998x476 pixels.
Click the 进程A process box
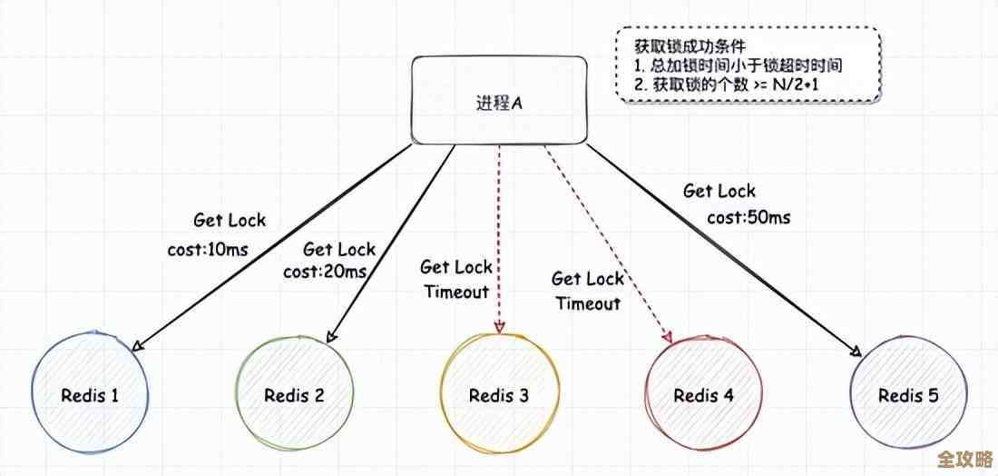click(x=499, y=101)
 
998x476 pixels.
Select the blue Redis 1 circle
click(x=90, y=395)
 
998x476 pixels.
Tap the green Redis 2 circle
click(x=294, y=395)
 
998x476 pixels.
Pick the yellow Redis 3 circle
click(x=499, y=395)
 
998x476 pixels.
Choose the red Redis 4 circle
click(x=703, y=395)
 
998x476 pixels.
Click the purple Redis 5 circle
click(x=907, y=395)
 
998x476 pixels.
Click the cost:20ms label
click(x=325, y=271)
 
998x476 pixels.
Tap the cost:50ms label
click(x=748, y=217)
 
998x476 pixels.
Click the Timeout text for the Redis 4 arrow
click(x=588, y=303)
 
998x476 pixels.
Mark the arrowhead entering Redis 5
click(x=855, y=352)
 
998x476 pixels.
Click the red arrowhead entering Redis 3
click(x=499, y=328)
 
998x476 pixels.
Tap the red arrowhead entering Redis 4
click(x=669, y=337)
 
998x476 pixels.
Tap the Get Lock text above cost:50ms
click(x=719, y=192)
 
